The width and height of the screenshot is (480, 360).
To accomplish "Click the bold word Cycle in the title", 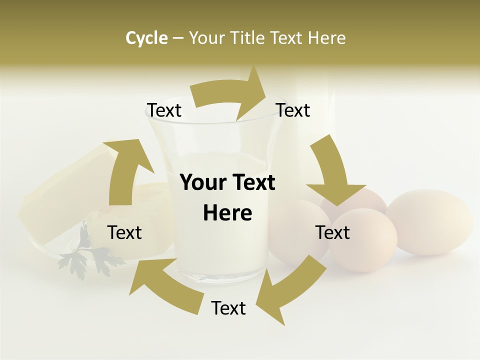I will (x=146, y=38).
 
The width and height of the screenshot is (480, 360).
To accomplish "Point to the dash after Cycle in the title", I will (x=178, y=38).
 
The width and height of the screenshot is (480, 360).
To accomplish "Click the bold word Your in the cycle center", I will (x=201, y=183).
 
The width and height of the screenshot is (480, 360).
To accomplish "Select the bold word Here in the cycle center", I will (x=227, y=213).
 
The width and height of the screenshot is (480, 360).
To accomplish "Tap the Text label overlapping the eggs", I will (x=332, y=232).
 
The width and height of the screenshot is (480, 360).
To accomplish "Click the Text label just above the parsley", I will (x=124, y=232).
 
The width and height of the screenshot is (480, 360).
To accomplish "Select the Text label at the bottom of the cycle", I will (x=228, y=308).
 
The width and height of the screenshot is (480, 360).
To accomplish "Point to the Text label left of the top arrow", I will (x=163, y=110).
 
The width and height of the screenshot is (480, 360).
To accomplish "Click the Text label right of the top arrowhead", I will (x=293, y=110).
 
